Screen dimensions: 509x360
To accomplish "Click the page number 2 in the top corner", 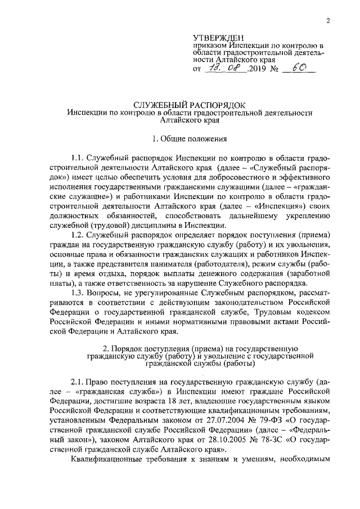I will point(327,21).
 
